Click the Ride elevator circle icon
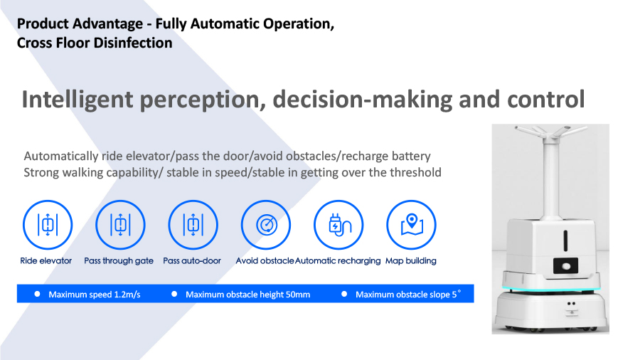(48, 225)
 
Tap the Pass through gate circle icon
(120, 225)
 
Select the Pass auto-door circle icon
(193, 225)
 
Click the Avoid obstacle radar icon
(266, 225)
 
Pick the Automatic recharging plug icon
(338, 225)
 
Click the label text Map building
(410, 261)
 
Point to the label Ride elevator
(46, 261)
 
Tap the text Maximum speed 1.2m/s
(95, 295)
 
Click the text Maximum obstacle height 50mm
(247, 295)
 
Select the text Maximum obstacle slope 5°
(408, 294)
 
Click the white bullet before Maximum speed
(37, 294)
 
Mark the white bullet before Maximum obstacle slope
(344, 294)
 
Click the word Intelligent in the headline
(78, 100)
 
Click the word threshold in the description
(415, 172)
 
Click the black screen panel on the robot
(566, 265)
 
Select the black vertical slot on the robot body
(566, 240)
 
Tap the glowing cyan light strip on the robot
(551, 290)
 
